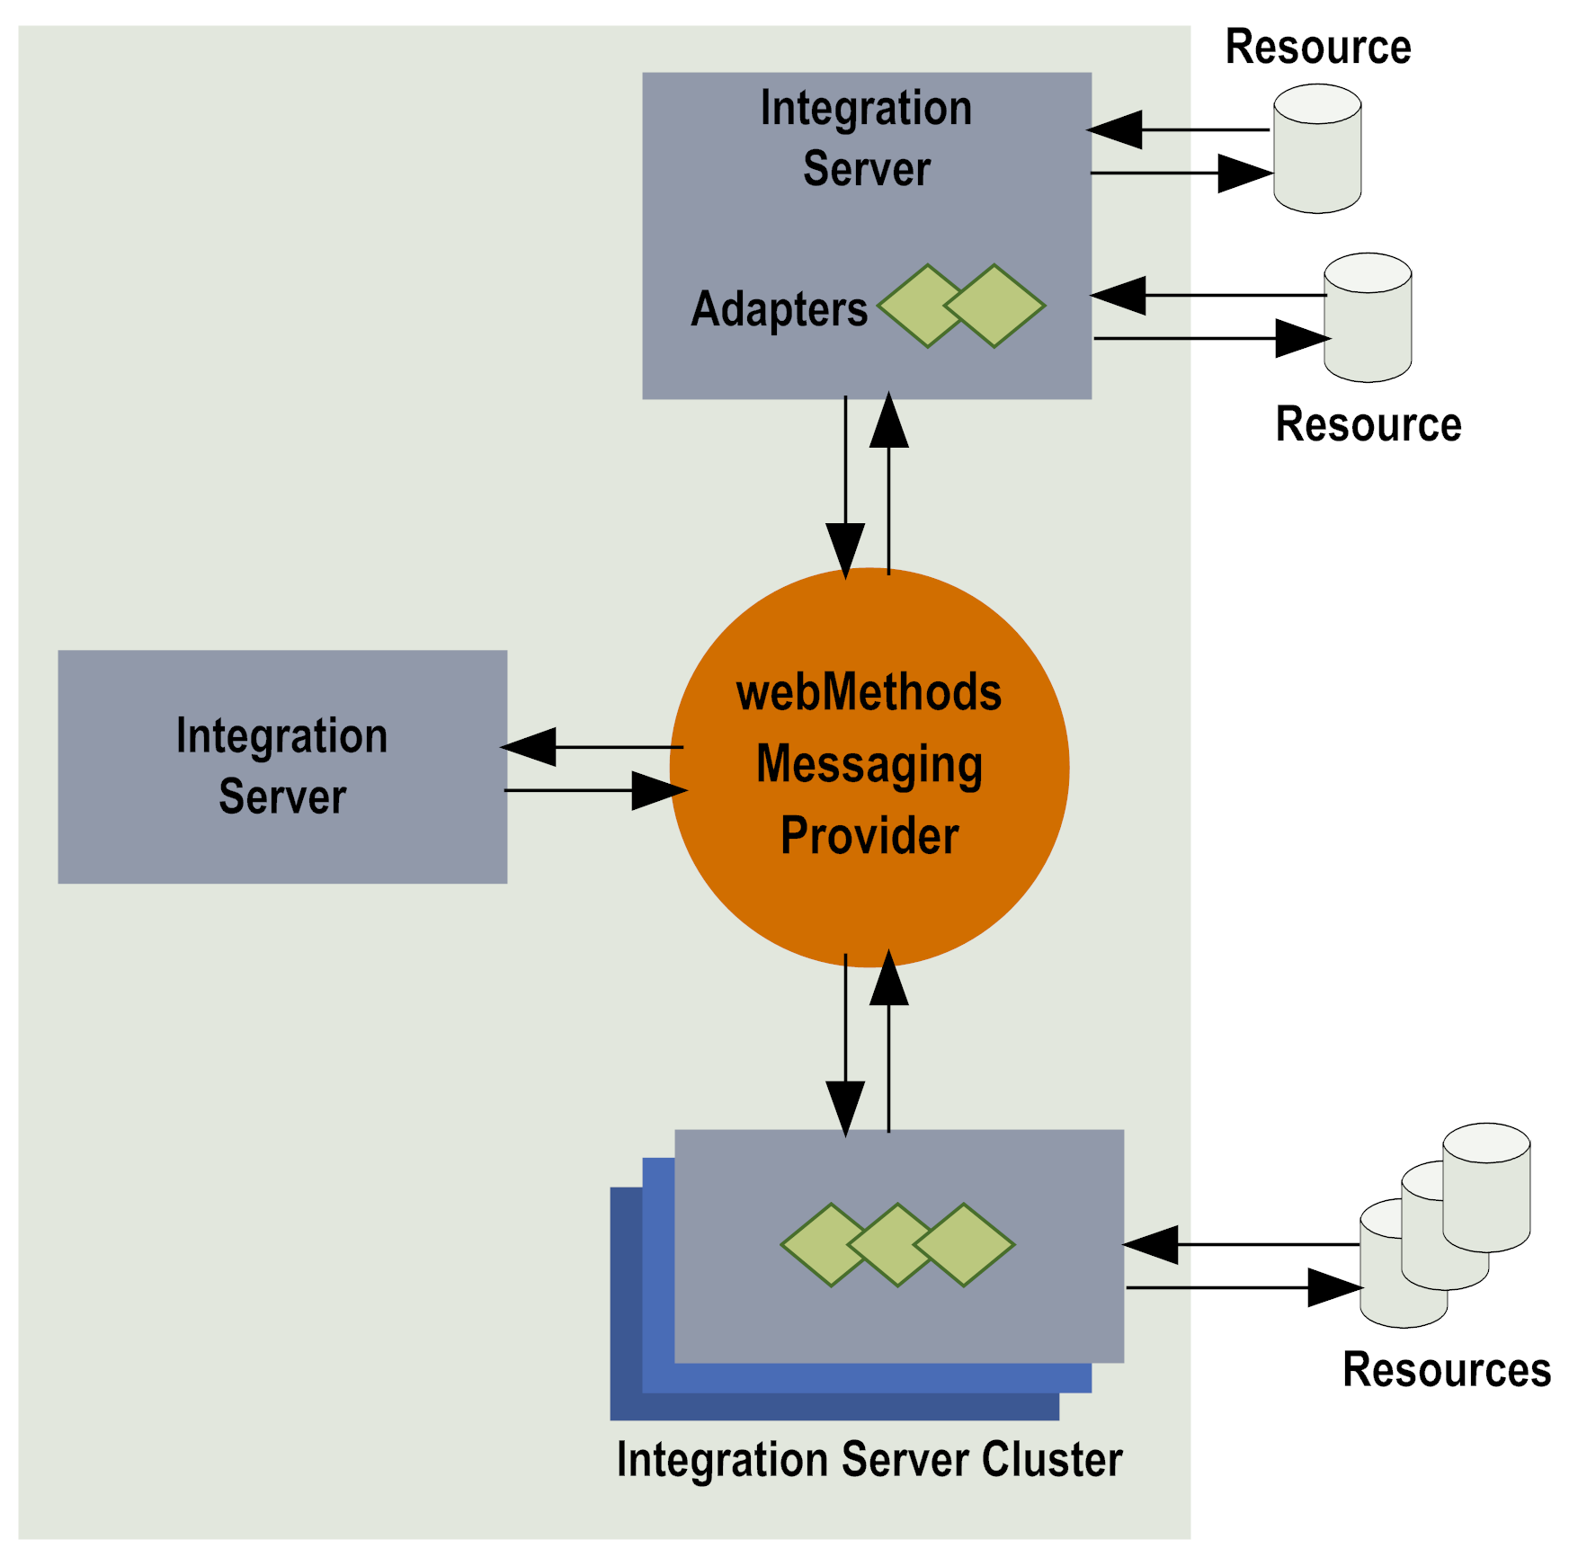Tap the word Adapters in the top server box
pyautogui.click(x=779, y=309)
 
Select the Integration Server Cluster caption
pyautogui.click(x=869, y=1459)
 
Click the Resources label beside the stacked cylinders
pyautogui.click(x=1446, y=1370)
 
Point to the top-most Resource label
pyautogui.click(x=1317, y=47)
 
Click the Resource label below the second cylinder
pyautogui.click(x=1368, y=424)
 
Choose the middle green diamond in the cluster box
pyautogui.click(x=897, y=1245)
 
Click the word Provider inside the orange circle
pyautogui.click(x=869, y=836)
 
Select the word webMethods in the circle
pyautogui.click(x=869, y=693)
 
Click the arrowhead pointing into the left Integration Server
pyautogui.click(x=529, y=747)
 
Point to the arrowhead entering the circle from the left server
pyautogui.click(x=659, y=790)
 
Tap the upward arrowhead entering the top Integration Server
pyautogui.click(x=889, y=421)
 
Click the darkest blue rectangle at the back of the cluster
pyautogui.click(x=626, y=1348)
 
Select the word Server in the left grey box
pyautogui.click(x=282, y=796)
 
